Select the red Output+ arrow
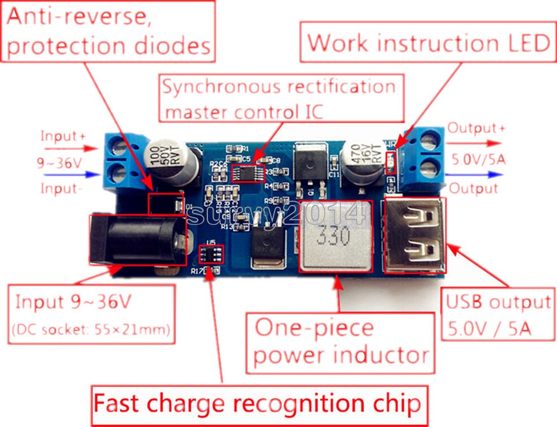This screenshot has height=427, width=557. click(482, 143)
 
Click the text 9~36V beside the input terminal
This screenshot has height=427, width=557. click(59, 164)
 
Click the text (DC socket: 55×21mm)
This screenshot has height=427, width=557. click(91, 330)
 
